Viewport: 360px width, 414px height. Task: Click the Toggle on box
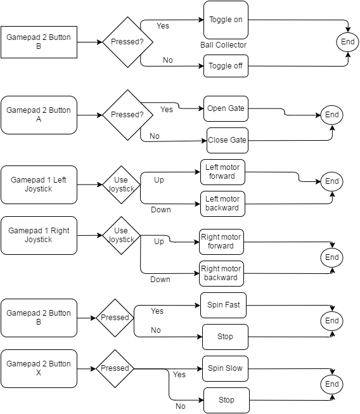pyautogui.click(x=226, y=20)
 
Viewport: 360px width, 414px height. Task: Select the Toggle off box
pyautogui.click(x=226, y=66)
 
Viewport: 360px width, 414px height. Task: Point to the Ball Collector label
pyautogui.click(x=223, y=45)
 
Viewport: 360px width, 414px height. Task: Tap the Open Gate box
pyautogui.click(x=226, y=108)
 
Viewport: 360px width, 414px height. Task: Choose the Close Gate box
pyautogui.click(x=228, y=140)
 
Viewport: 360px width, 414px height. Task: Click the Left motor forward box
pyautogui.click(x=222, y=172)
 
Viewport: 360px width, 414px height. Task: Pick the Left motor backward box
pyautogui.click(x=222, y=204)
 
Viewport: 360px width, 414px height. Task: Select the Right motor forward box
pyautogui.click(x=221, y=242)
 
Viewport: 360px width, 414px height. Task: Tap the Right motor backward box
pyautogui.click(x=221, y=273)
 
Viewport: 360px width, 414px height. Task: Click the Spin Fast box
pyautogui.click(x=223, y=305)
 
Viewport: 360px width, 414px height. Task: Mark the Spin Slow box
pyautogui.click(x=225, y=368)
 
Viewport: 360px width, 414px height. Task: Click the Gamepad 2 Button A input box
pyautogui.click(x=39, y=115)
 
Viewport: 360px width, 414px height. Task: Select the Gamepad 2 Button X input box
pyautogui.click(x=39, y=368)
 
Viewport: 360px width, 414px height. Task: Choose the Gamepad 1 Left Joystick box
pyautogui.click(x=39, y=184)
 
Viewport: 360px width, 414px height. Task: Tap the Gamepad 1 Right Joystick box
pyautogui.click(x=39, y=235)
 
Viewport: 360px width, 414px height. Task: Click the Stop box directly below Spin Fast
pyautogui.click(x=225, y=337)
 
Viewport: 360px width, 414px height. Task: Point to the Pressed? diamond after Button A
pyautogui.click(x=128, y=115)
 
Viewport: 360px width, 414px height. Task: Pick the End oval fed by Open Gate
pyautogui.click(x=331, y=115)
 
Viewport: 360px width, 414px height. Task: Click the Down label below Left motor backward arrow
pyautogui.click(x=161, y=210)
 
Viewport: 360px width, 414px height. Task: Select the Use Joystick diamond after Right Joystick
pyautogui.click(x=122, y=235)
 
